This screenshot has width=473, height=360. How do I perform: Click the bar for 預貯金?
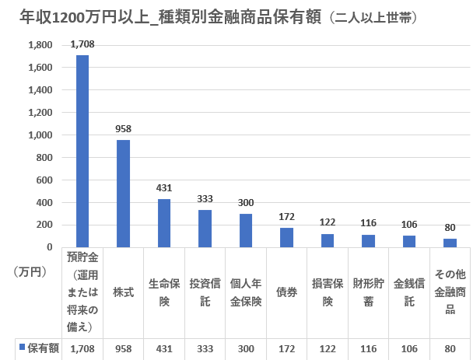[x=82, y=151]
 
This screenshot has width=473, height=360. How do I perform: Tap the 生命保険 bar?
[x=164, y=223]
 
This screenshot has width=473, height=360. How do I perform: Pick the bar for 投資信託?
[x=205, y=229]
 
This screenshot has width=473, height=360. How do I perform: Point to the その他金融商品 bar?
[x=450, y=243]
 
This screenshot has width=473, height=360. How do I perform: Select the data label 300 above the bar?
[x=246, y=203]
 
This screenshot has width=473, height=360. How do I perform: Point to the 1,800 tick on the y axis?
[x=40, y=45]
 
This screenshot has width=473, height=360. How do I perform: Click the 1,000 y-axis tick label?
[x=40, y=135]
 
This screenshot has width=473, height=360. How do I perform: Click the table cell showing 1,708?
[x=82, y=348]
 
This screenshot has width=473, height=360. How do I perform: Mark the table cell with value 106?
[x=409, y=348]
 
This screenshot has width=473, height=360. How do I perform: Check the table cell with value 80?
[x=450, y=348]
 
